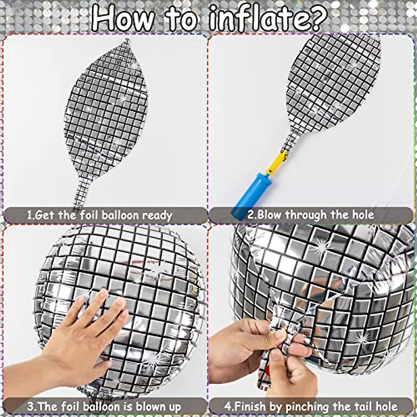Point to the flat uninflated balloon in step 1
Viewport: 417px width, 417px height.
point(106,108)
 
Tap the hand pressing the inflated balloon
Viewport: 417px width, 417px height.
point(83,334)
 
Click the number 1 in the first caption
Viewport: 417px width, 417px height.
point(30,215)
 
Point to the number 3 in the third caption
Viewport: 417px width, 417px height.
point(30,406)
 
